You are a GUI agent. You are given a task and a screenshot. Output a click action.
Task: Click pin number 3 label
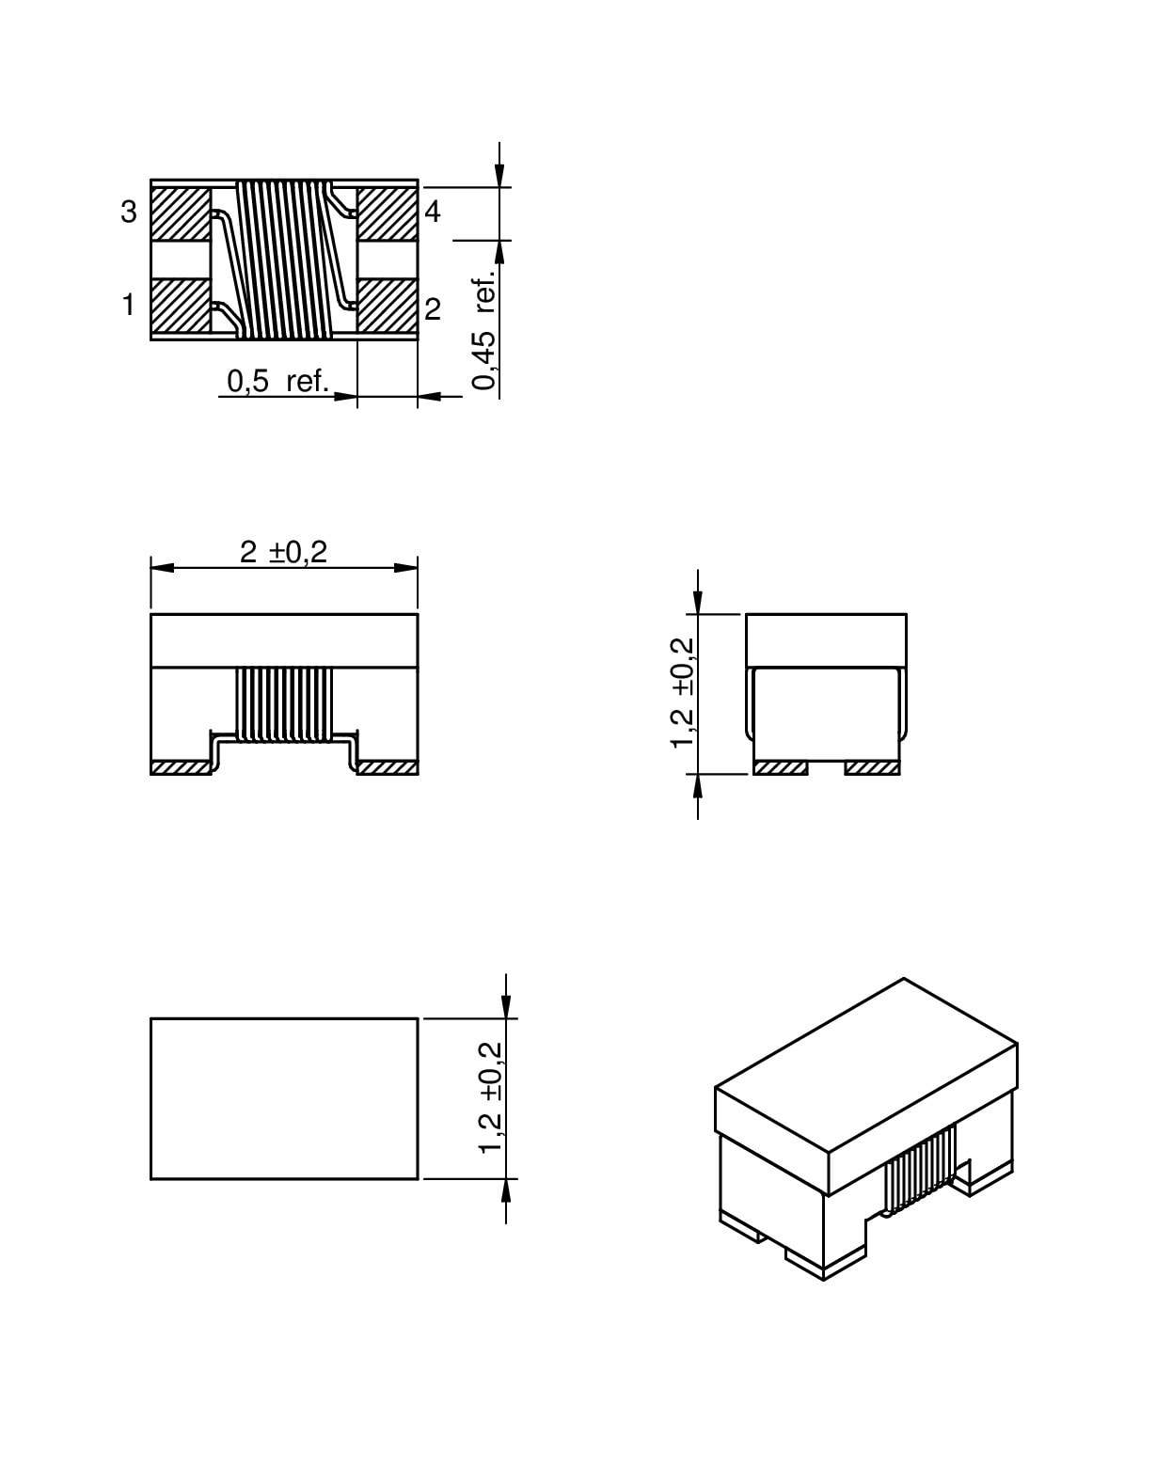point(128,212)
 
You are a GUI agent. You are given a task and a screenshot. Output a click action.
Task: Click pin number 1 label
point(128,305)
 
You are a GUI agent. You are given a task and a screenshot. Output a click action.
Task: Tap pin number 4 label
point(433,212)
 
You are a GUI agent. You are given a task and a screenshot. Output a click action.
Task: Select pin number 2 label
point(433,309)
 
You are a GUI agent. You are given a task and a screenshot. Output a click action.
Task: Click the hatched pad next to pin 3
point(181,213)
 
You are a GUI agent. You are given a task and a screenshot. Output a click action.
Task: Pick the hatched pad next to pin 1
point(181,306)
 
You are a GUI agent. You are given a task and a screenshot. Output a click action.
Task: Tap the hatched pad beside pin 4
point(388,213)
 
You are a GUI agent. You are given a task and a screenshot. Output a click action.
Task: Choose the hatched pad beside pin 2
point(388,306)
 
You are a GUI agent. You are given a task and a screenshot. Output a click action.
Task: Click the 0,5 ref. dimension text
point(277,381)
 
